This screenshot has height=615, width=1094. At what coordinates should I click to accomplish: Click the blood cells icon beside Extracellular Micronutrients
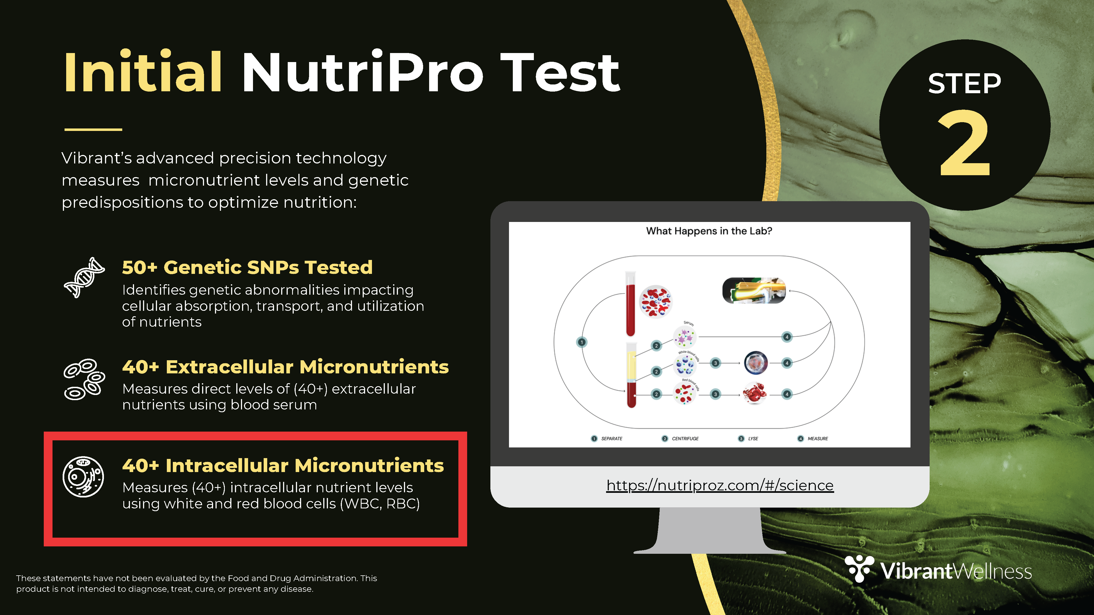point(84,379)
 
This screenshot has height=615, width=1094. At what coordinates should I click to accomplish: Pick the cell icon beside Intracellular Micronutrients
point(83,477)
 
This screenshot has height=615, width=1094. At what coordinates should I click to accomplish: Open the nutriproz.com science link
point(720,485)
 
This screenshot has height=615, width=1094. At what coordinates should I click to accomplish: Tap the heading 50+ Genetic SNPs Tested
point(247,267)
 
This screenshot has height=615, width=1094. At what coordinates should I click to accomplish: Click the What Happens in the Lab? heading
point(709,231)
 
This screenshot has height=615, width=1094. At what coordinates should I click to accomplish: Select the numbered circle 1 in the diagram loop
point(581,342)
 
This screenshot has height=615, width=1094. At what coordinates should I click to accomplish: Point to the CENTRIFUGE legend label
point(685,438)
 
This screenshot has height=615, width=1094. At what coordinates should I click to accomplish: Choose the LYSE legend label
point(753,438)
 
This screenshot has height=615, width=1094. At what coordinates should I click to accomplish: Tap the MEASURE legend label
point(817,438)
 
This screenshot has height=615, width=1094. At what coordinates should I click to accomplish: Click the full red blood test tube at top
point(631,304)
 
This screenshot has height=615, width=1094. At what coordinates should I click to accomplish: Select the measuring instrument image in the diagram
point(754,291)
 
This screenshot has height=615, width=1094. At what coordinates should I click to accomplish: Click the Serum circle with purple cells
point(685,337)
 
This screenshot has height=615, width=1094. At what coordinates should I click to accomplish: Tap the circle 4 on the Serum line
point(787,337)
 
